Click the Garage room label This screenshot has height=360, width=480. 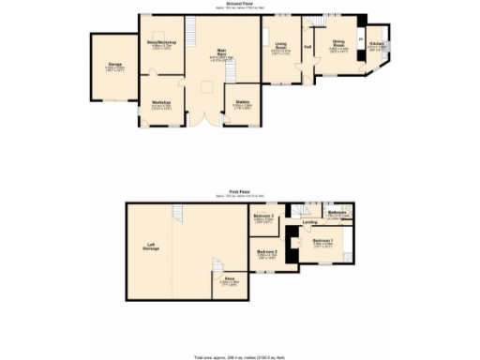pyautogui.click(x=112, y=65)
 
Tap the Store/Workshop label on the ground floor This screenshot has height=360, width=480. pyautogui.click(x=161, y=42)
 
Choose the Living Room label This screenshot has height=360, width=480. pyautogui.click(x=280, y=43)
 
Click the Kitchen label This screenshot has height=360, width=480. pyautogui.click(x=376, y=43)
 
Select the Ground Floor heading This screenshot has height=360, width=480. pyautogui.click(x=239, y=4)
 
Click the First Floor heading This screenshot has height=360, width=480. pyautogui.click(x=239, y=191)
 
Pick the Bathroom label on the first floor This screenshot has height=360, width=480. pyautogui.click(x=338, y=214)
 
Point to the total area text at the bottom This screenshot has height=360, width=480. pyautogui.click(x=239, y=356)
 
